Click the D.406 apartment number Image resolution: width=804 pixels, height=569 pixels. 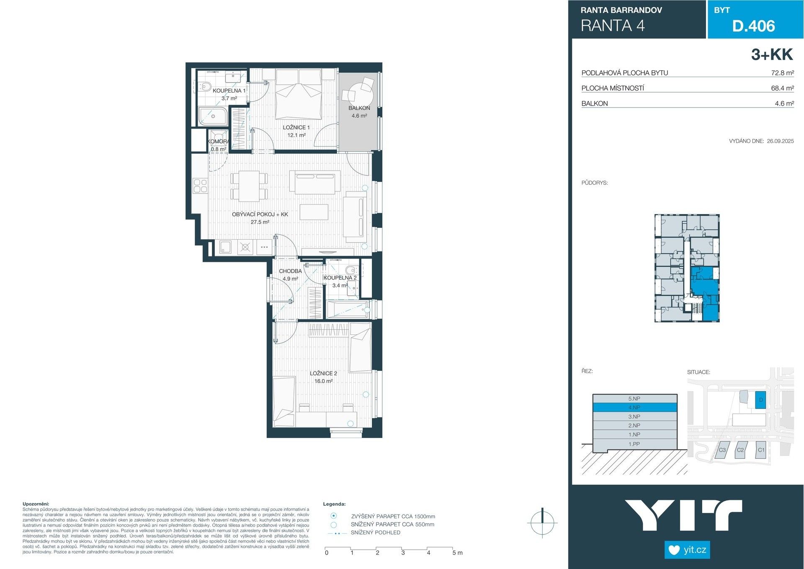coord(753,26)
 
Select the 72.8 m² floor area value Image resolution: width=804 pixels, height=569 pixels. coord(782,73)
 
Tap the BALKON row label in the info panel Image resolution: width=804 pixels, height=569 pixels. coord(594,103)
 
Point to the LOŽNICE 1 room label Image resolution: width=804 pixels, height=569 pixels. coord(296,127)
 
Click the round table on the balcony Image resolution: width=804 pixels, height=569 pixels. coord(361,91)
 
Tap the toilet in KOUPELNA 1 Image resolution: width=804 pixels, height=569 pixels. coord(205,87)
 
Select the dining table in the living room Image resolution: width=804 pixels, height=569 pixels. coord(249,185)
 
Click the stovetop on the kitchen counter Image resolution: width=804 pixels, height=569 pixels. coord(200,186)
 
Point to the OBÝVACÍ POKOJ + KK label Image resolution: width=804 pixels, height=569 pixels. coord(260,215)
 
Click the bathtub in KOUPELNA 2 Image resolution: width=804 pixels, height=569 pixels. coord(348,310)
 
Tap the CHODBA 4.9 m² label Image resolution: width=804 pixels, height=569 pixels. coord(290,275)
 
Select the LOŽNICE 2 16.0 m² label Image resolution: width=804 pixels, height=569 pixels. coord(323,377)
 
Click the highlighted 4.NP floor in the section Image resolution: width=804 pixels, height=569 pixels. coord(634,407)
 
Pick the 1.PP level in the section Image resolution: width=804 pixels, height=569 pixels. coord(634,444)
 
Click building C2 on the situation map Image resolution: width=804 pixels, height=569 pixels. coord(740,450)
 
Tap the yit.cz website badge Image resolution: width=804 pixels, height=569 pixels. coord(687,550)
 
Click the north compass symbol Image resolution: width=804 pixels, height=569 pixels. coord(542,522)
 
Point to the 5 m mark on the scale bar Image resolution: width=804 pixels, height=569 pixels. coord(457,553)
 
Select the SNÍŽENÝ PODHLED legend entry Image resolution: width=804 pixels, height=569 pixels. coord(375,533)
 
